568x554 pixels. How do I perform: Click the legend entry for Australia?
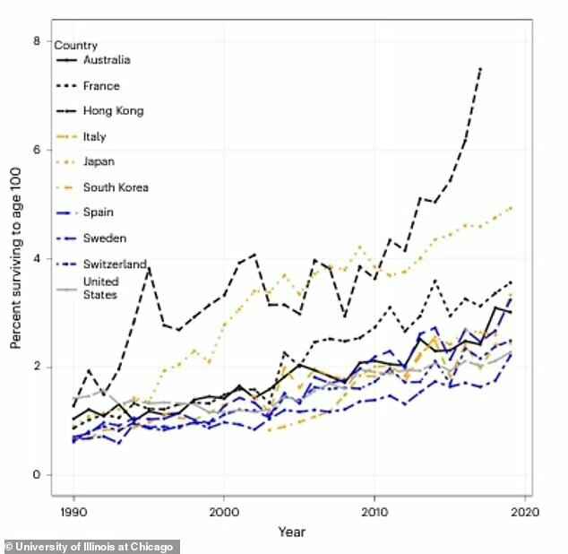(107, 60)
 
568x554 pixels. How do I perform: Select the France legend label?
(100, 86)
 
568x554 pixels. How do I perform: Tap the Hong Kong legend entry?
(112, 111)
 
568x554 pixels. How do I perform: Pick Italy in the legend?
(94, 136)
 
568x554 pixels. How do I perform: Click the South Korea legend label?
(116, 187)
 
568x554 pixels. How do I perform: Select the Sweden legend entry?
(104, 238)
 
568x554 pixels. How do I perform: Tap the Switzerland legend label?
(113, 264)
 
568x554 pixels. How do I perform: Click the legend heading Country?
(76, 45)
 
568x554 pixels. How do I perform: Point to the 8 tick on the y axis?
(37, 41)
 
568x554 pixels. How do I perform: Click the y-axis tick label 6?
(37, 150)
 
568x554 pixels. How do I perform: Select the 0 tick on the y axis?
(37, 475)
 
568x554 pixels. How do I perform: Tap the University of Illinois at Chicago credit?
(91, 546)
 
